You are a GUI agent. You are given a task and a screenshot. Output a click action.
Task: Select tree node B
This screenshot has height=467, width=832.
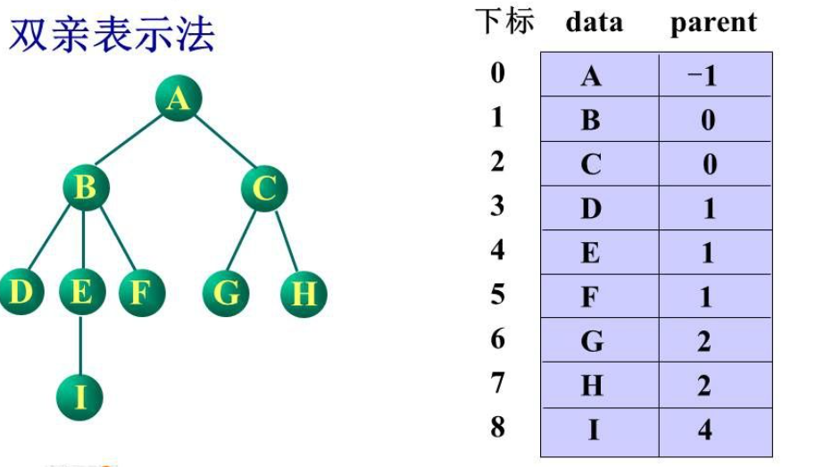pos(86,188)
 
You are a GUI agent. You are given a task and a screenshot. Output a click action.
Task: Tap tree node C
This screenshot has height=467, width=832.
pos(264,188)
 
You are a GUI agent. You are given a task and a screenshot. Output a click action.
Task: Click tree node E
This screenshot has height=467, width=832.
pos(80,292)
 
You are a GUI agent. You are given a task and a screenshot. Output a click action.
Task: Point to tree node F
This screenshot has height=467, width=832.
pos(138,292)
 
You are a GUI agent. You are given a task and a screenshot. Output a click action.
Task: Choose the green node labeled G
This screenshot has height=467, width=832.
pos(226,292)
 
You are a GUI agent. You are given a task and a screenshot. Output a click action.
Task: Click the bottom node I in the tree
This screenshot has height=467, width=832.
pos(80,396)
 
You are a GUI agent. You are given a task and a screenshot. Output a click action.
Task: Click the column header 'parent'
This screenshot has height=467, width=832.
pos(712,23)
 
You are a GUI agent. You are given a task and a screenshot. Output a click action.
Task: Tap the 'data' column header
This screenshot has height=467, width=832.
pos(594,22)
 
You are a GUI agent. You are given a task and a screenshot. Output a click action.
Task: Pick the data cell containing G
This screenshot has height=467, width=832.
pos(591,341)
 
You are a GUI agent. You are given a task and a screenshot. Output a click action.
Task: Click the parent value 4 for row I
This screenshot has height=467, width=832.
pos(705,429)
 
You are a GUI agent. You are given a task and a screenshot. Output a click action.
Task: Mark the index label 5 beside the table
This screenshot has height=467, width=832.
pos(497,294)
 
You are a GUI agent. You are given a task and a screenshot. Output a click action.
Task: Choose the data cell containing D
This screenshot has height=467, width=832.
pos(591,209)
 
